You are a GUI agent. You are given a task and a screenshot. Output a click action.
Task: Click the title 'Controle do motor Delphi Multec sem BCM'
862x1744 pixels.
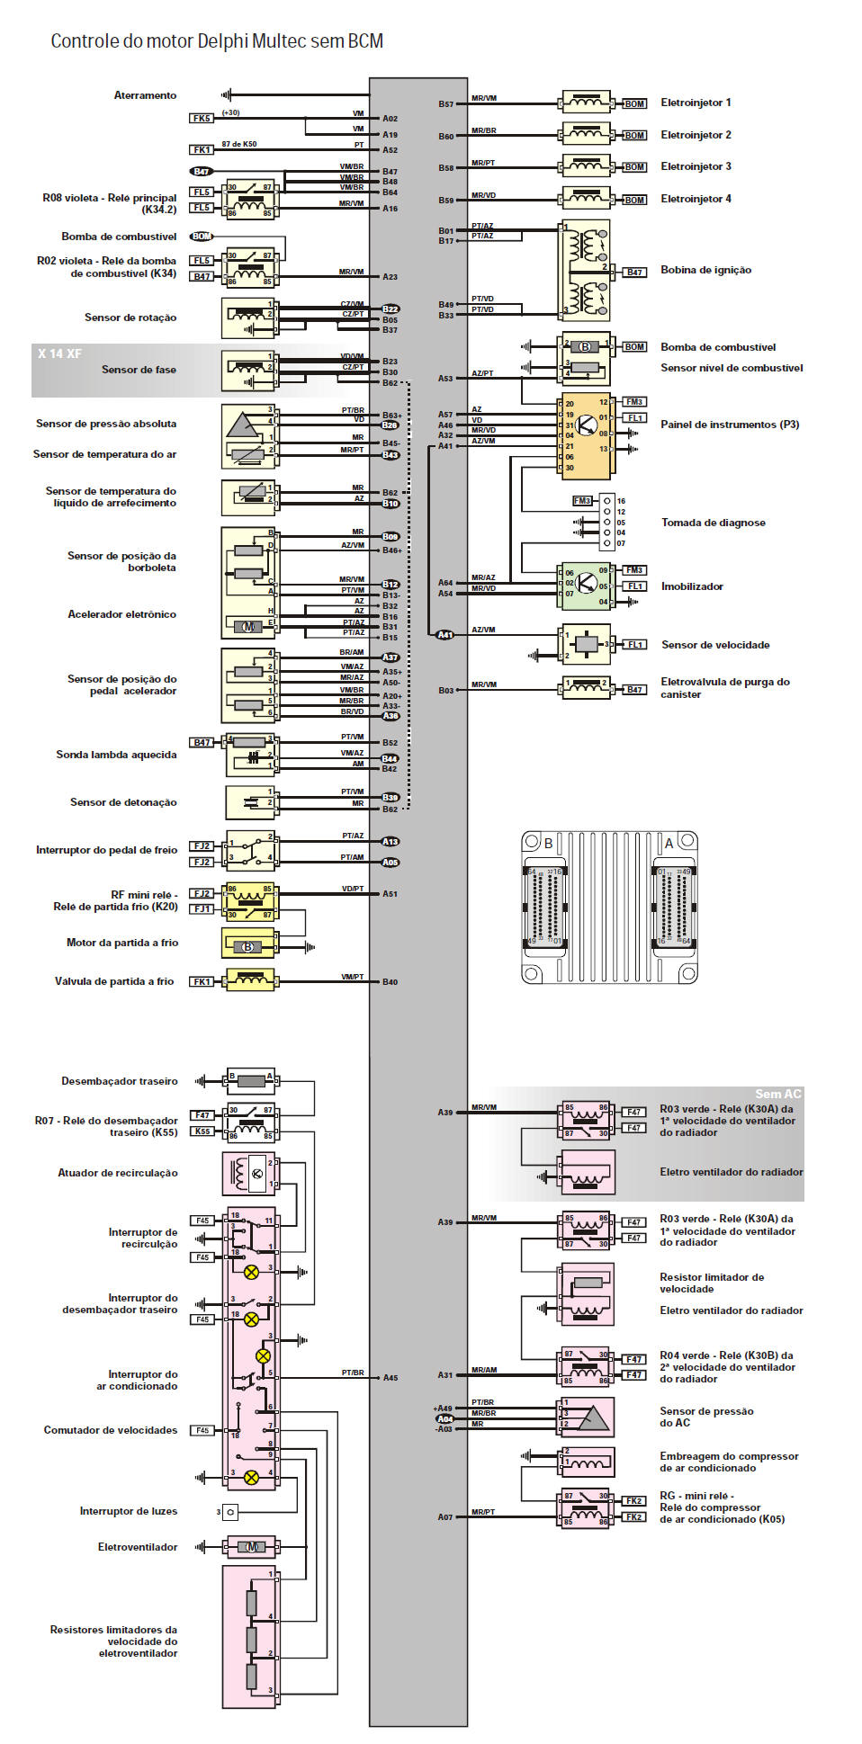click(x=217, y=41)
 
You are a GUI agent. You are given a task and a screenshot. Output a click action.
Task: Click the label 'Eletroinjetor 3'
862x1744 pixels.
click(x=696, y=166)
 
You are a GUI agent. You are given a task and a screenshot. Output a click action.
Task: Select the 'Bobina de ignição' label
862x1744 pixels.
click(x=705, y=270)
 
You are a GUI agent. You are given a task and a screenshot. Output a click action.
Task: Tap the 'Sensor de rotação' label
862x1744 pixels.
click(x=130, y=317)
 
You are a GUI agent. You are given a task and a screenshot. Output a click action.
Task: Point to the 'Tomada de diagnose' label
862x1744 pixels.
click(x=713, y=523)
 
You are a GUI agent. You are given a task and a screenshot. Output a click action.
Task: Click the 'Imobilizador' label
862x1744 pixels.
click(x=692, y=586)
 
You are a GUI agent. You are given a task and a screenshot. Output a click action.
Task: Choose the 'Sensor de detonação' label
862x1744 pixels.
click(x=123, y=802)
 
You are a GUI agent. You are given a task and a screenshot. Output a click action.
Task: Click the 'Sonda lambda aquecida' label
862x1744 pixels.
click(x=116, y=755)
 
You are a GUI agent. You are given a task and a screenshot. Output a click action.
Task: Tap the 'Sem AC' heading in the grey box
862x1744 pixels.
click(x=777, y=1094)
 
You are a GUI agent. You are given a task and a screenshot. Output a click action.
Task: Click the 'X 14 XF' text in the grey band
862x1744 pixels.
click(x=59, y=353)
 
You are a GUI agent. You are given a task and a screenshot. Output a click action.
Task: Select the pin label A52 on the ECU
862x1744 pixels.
click(x=390, y=150)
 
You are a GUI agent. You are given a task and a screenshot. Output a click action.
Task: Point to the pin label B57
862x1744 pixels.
click(x=446, y=104)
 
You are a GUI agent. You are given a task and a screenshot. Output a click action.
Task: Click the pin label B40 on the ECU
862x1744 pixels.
click(x=390, y=982)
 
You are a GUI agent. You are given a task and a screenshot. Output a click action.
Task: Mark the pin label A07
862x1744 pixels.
click(x=445, y=1517)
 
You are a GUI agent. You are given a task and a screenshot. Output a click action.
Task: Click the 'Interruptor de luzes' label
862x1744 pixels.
click(x=128, y=1511)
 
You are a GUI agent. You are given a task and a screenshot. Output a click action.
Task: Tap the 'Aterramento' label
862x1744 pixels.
click(x=145, y=95)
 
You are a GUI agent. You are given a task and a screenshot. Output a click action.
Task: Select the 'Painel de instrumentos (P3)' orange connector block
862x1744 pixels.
click(x=586, y=435)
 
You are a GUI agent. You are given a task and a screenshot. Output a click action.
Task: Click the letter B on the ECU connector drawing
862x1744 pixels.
click(x=548, y=844)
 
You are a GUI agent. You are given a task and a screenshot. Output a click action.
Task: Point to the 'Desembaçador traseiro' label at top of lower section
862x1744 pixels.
click(x=119, y=1081)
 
